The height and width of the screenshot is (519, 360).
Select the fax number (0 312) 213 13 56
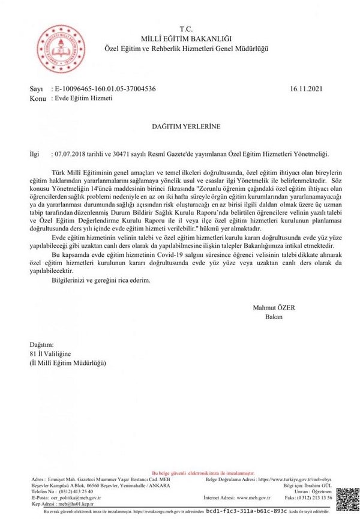coord(315,497)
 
